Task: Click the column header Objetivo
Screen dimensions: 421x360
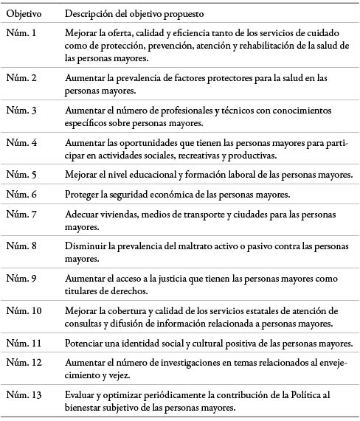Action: coord(24,14)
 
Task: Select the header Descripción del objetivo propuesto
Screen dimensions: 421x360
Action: coord(134,14)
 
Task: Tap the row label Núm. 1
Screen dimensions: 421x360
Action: coord(22,34)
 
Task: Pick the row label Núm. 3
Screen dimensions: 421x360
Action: coord(22,110)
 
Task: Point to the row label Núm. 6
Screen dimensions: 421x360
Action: coord(22,195)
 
